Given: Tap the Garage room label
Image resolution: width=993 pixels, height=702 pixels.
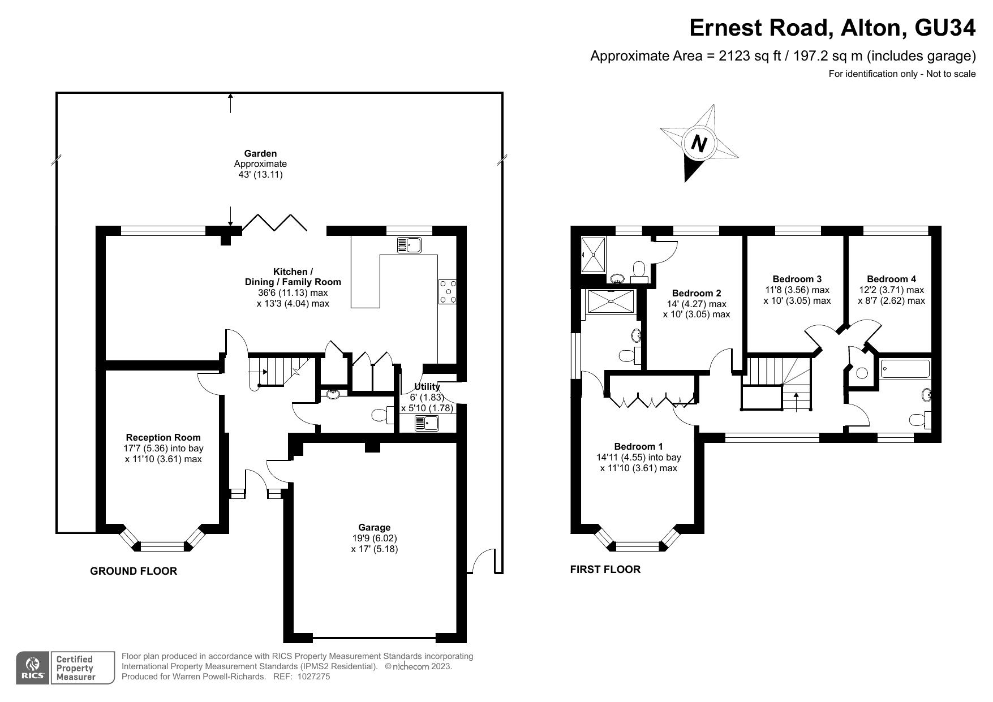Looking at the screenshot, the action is point(374,528).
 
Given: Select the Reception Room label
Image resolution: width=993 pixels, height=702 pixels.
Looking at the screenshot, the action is point(163,437).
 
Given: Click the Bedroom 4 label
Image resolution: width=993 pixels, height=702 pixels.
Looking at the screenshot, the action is point(891,279).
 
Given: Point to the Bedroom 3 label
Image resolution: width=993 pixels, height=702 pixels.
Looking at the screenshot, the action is point(797,279).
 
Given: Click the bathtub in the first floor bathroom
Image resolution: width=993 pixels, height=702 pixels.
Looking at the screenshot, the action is point(905,369).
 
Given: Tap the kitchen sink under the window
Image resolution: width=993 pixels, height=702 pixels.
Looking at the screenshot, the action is point(409,245).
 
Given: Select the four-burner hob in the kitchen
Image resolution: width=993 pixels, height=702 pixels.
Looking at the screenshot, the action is point(447,292).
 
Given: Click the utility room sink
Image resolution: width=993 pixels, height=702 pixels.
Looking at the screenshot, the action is point(427,423).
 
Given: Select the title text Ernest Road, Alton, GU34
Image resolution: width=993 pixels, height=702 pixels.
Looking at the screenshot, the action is point(832,27).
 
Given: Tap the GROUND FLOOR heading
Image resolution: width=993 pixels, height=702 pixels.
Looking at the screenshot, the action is point(134,571).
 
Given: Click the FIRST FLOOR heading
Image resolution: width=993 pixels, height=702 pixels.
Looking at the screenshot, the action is point(605,570).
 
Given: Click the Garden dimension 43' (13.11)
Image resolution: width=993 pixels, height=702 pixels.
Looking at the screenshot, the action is point(260,175).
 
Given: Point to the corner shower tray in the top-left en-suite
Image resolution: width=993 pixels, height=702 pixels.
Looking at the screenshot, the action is point(594,255).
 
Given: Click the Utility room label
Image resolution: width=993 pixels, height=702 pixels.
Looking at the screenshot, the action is point(427,386).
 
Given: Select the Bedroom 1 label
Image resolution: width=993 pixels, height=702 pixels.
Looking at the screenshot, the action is point(638,446).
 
